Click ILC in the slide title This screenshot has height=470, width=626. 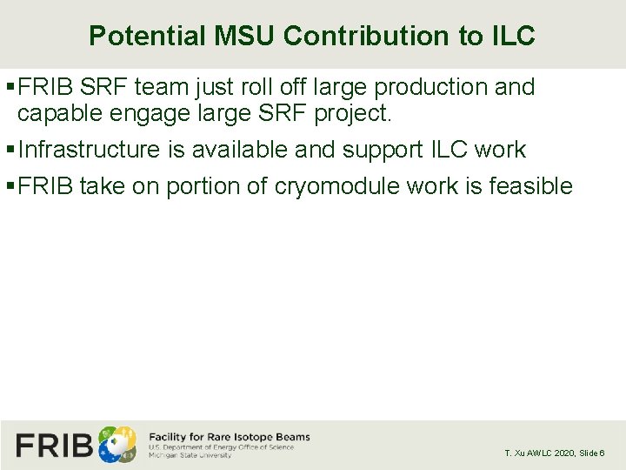[x=513, y=36]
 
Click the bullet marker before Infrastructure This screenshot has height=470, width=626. [x=10, y=150]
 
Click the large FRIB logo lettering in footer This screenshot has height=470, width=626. [x=54, y=445]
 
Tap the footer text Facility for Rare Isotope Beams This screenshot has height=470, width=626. [x=230, y=437]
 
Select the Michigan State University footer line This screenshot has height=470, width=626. [x=190, y=455]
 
